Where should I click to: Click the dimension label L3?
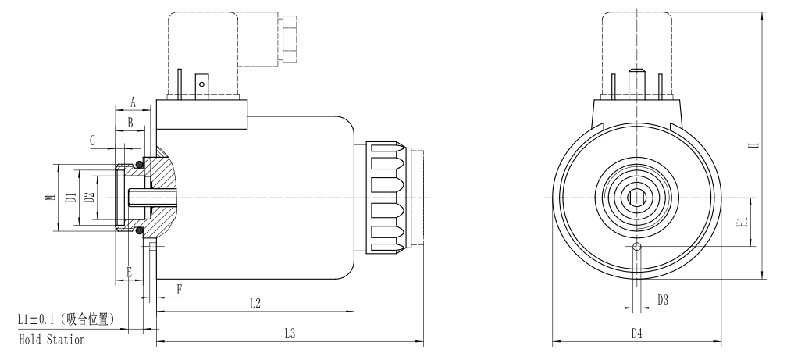[289, 333]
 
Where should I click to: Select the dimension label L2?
[255, 303]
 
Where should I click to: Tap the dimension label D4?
[636, 333]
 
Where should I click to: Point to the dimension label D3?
[663, 300]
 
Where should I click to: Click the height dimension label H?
[753, 145]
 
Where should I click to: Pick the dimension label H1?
[742, 222]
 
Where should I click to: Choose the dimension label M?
[50, 198]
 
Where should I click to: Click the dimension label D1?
[72, 198]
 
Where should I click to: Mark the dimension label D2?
[89, 198]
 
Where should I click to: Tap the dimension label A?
[133, 102]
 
